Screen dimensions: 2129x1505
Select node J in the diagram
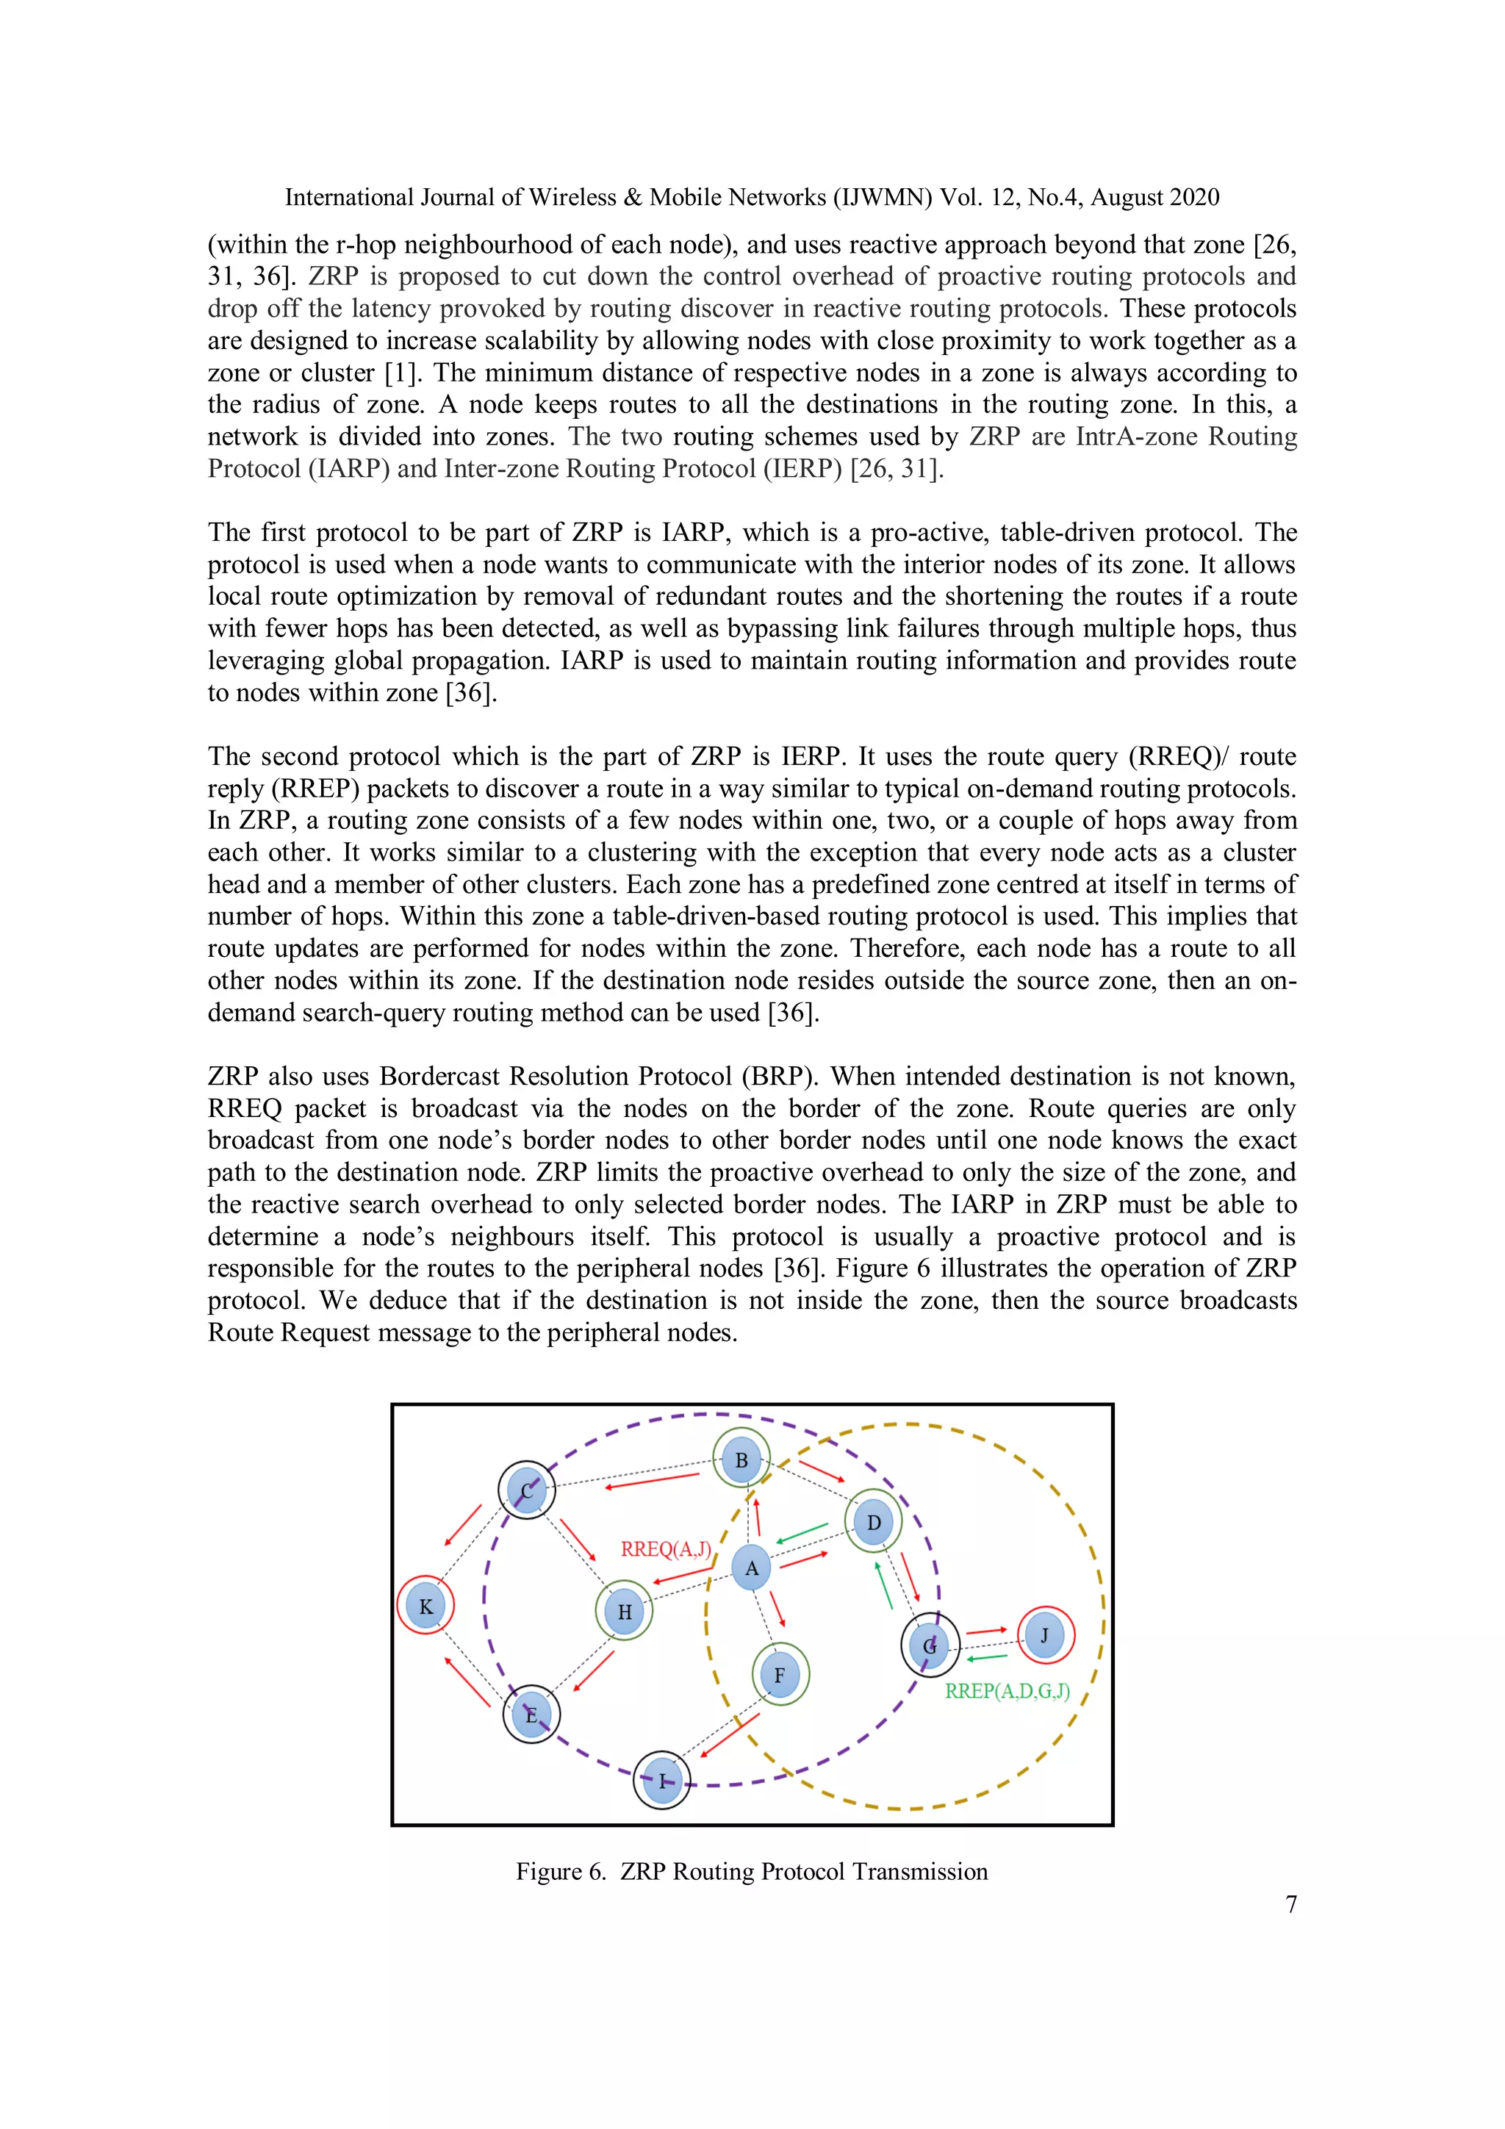point(1045,1634)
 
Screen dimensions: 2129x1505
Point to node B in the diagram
point(741,1460)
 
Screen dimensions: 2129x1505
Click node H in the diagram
point(624,1611)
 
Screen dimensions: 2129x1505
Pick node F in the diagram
point(779,1675)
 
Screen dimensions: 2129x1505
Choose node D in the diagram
point(872,1522)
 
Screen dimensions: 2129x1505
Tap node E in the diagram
point(531,1715)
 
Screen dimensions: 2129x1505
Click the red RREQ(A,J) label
point(666,1548)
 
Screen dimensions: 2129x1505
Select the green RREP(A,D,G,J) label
point(1007,1690)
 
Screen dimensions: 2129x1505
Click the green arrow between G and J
point(987,1657)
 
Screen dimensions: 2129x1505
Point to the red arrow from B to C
point(652,1480)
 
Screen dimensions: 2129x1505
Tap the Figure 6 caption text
point(751,1870)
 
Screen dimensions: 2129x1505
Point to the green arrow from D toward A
point(802,1532)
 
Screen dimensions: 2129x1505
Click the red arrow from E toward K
point(468,1681)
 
